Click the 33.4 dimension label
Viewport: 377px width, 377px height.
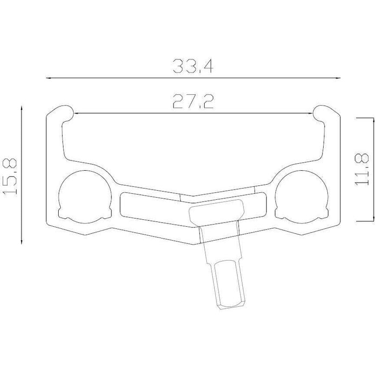pyautogui.click(x=193, y=66)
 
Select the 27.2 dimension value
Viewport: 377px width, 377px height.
pyautogui.click(x=193, y=101)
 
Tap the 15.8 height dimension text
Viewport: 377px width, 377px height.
pyautogui.click(x=10, y=177)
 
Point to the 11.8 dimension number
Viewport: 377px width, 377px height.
pyautogui.click(x=361, y=169)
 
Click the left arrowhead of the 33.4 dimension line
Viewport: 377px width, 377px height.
pyautogui.click(x=48, y=78)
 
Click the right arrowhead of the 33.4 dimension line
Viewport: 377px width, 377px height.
pyautogui.click(x=338, y=78)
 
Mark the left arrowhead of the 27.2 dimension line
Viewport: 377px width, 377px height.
pyautogui.click(x=77, y=113)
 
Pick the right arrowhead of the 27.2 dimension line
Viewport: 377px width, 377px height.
pyautogui.click(x=310, y=113)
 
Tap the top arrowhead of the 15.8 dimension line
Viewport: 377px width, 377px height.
pyautogui.click(x=22, y=109)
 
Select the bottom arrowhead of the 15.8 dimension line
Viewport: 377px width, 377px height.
pyautogui.click(x=22, y=241)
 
